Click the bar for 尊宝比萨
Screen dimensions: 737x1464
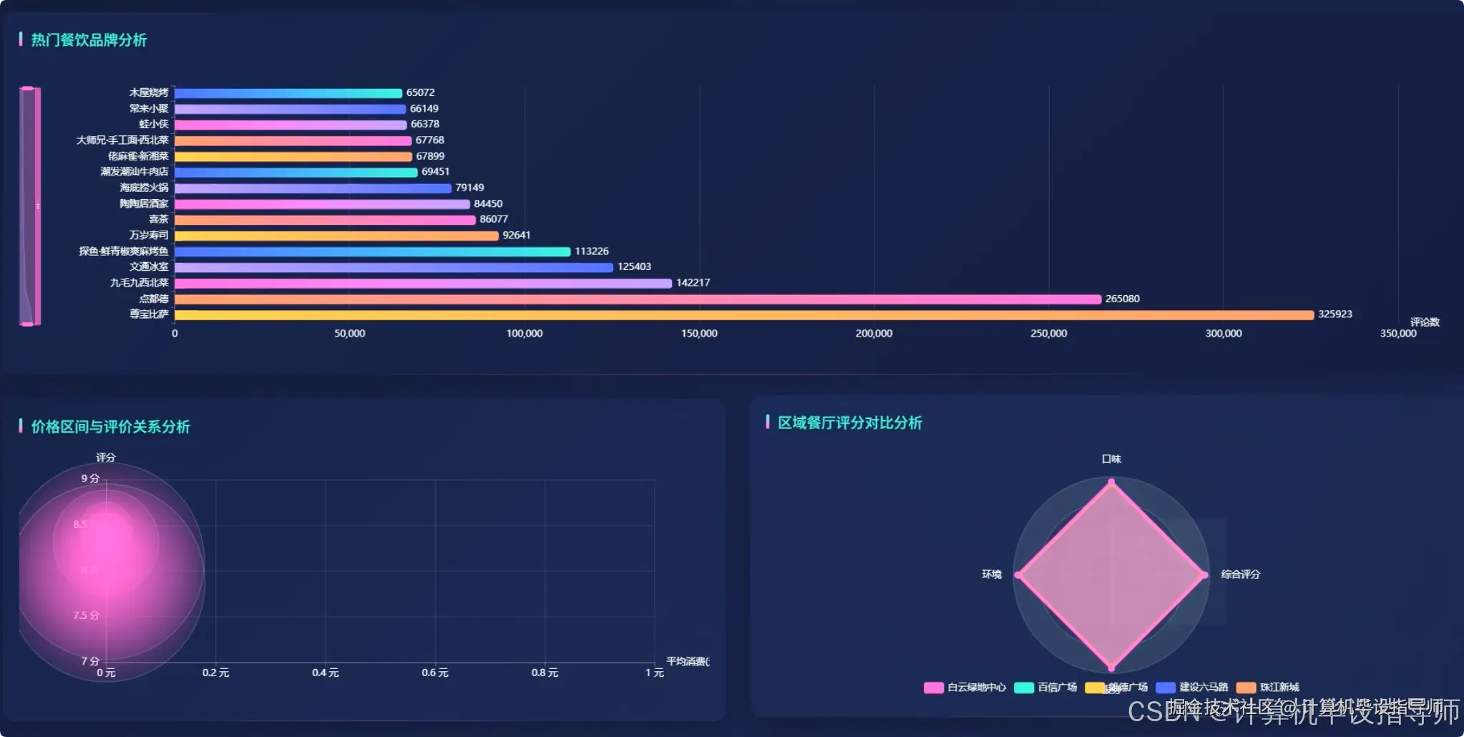(x=744, y=315)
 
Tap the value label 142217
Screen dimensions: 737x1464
(x=693, y=283)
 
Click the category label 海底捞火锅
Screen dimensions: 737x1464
(x=144, y=188)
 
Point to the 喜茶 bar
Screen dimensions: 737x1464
(x=325, y=220)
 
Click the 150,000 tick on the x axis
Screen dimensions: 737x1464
(x=699, y=334)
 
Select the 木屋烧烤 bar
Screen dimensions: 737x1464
(x=288, y=93)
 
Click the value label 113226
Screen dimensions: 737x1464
(x=592, y=251)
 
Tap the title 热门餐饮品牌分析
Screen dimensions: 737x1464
(x=89, y=40)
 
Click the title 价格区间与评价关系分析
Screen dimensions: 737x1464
(x=110, y=427)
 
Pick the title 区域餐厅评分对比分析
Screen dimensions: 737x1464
(x=850, y=423)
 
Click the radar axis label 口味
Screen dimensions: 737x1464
(x=1111, y=459)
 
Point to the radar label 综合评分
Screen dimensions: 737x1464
(x=1240, y=574)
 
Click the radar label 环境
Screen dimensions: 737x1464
(x=991, y=574)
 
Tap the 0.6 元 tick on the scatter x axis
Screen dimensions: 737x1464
(x=435, y=673)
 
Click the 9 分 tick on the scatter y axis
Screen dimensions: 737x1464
(x=89, y=478)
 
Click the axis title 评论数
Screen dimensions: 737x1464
(x=1424, y=322)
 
